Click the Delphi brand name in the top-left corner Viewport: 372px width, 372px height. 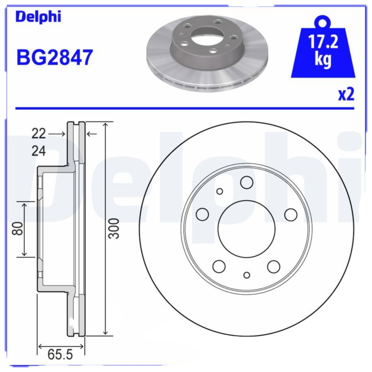point(38,17)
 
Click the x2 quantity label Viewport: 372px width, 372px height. point(346,94)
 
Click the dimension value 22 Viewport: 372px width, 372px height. point(39,134)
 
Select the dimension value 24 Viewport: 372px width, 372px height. point(39,151)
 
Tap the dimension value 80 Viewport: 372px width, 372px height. point(17,229)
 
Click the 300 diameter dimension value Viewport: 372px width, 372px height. point(114,228)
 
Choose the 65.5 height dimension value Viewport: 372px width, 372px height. point(60,355)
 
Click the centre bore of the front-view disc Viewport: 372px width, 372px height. point(246,228)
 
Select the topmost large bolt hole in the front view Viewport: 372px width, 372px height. point(246,183)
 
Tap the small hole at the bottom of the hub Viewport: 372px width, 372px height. point(247,275)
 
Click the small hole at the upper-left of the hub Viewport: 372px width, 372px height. point(220,191)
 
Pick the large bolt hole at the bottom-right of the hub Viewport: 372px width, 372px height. point(273,266)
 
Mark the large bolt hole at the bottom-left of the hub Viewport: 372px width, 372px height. point(219,266)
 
